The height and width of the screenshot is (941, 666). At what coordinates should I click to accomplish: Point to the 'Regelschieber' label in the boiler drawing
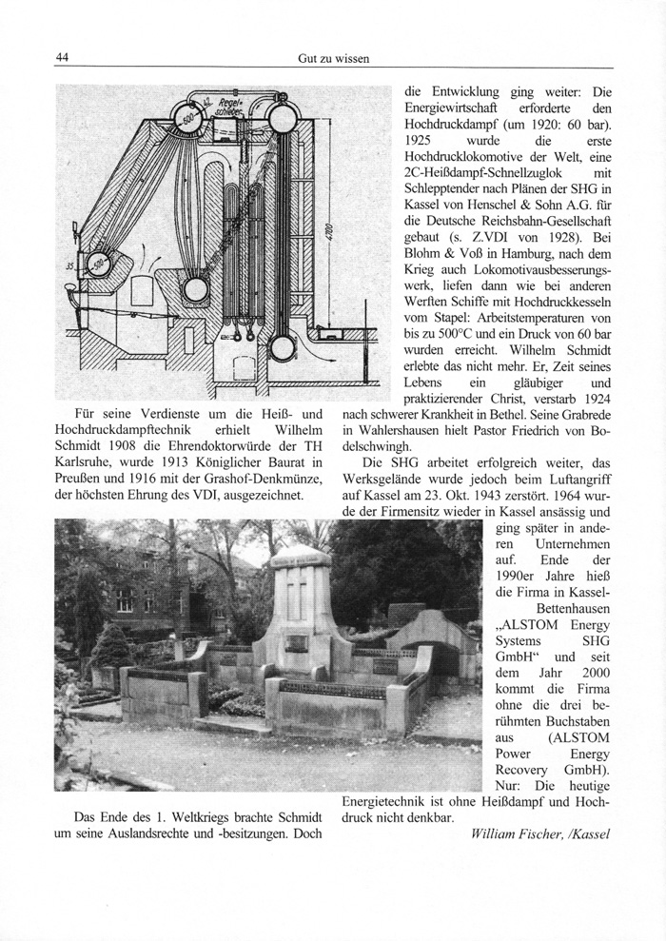[231, 104]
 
